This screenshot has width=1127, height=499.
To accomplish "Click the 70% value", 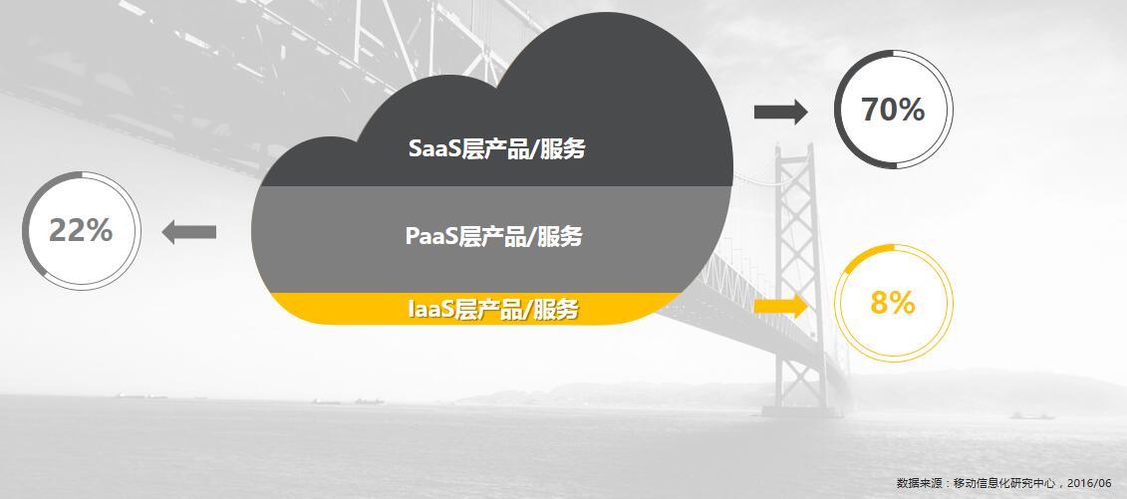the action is coord(893,110).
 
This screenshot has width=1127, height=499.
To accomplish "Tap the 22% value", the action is coord(81,230).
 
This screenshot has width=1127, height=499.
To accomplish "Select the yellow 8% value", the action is coord(893,303).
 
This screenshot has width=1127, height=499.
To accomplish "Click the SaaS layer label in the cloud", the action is coord(496,148).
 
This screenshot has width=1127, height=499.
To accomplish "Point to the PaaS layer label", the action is coord(494,235).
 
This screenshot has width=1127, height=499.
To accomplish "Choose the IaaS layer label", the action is coord(493,309).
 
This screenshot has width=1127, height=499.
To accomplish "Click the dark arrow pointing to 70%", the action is coord(780,112).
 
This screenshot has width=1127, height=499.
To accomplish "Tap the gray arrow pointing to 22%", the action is coord(189,232).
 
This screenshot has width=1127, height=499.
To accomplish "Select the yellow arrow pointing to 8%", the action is coord(780,307).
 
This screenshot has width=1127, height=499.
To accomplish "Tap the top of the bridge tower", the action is coord(795,147).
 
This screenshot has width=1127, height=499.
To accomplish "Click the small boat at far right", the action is coord(1032,415).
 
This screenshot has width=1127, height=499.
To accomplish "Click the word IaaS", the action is coord(432,309).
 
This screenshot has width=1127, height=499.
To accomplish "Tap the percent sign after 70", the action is coord(911,110).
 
